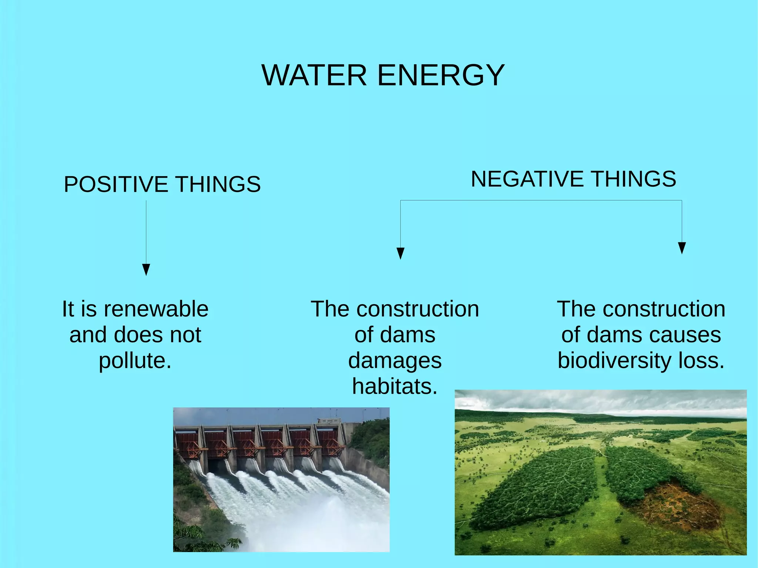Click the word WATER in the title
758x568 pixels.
click(314, 75)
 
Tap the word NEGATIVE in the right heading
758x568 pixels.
click(527, 179)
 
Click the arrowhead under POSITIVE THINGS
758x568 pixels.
click(146, 270)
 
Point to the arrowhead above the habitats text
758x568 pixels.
click(400, 253)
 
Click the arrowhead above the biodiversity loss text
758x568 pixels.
click(682, 248)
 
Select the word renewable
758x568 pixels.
click(156, 309)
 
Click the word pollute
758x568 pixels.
click(135, 361)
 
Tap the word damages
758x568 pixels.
click(395, 361)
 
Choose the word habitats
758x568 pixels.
click(395, 387)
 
